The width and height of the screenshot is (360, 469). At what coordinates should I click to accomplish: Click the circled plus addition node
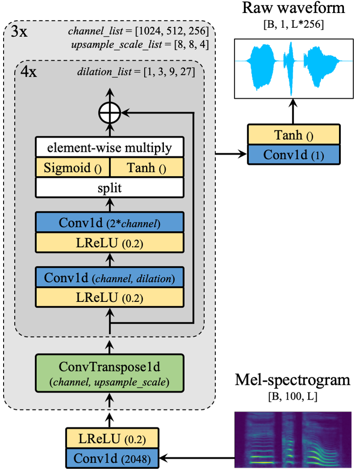click(109, 114)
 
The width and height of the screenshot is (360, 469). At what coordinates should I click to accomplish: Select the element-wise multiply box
click(109, 147)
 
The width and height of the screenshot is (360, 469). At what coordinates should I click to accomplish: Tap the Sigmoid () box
click(73, 168)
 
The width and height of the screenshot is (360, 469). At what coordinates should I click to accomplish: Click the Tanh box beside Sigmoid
click(146, 168)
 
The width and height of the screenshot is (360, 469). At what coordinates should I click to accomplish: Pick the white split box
click(109, 188)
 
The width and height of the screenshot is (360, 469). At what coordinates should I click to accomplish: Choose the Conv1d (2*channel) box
click(109, 223)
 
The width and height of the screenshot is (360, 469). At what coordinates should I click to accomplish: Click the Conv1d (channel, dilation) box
click(109, 278)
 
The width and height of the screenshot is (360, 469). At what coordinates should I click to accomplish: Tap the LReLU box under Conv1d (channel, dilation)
click(109, 297)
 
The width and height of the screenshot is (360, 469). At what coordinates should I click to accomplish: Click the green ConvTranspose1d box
click(109, 374)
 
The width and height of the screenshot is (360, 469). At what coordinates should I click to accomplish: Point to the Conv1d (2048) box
click(112, 458)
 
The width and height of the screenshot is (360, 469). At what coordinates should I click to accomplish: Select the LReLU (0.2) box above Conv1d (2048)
click(112, 439)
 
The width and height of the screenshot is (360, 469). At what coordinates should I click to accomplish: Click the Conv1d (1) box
click(294, 155)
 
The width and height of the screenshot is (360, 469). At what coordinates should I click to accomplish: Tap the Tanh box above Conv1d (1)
click(294, 135)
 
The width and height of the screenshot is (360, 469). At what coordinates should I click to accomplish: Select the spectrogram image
click(293, 439)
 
